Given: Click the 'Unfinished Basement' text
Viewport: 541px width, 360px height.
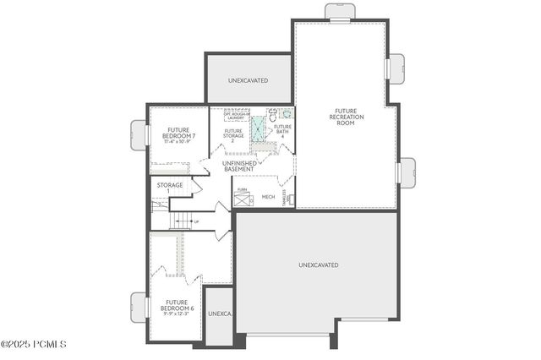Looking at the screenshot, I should pyautogui.click(x=238, y=166).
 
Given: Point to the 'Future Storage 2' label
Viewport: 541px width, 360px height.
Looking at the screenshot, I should pyautogui.click(x=233, y=134).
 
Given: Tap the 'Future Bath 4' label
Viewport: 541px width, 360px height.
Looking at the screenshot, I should pyautogui.click(x=281, y=130).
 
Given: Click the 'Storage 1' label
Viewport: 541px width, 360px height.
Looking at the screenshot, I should pyautogui.click(x=163, y=187).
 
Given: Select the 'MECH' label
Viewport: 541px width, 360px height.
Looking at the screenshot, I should pyautogui.click(x=268, y=197).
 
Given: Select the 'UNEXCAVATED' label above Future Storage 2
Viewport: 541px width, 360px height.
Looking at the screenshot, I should pyautogui.click(x=249, y=80).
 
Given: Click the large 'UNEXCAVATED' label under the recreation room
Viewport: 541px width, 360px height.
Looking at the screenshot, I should pyautogui.click(x=319, y=265).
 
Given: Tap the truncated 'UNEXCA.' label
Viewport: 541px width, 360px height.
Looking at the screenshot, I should pyautogui.click(x=219, y=314).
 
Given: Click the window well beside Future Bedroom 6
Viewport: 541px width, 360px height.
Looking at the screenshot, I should pyautogui.click(x=139, y=305).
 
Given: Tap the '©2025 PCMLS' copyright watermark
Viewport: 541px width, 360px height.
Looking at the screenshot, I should pyautogui.click(x=34, y=344).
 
